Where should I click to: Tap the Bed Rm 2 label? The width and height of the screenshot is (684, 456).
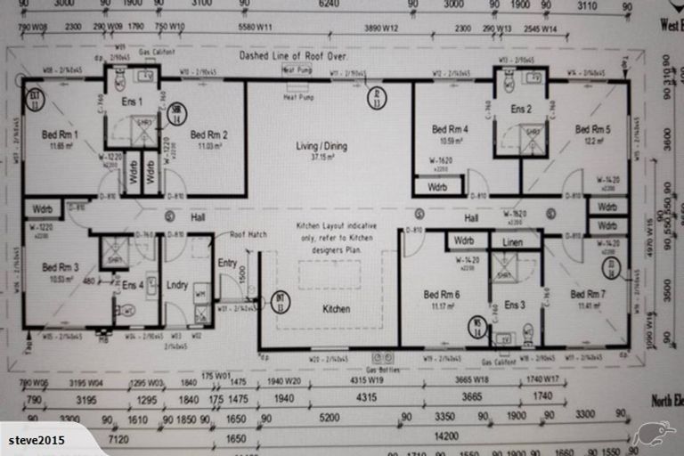point(209,134)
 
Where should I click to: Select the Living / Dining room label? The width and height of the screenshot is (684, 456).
point(322,146)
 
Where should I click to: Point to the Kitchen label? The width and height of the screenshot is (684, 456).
point(336,309)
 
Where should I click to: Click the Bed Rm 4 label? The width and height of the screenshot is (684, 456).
point(450,129)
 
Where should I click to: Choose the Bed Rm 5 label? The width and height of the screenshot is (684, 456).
point(592,129)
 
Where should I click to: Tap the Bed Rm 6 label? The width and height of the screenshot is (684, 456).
point(442,295)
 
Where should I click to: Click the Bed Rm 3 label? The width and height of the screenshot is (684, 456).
point(60,266)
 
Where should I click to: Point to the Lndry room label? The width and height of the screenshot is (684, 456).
point(177,285)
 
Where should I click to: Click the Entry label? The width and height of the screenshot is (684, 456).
point(227,263)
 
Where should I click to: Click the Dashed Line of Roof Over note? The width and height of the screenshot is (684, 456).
point(291,55)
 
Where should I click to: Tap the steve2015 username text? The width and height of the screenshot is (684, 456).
point(37,441)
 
